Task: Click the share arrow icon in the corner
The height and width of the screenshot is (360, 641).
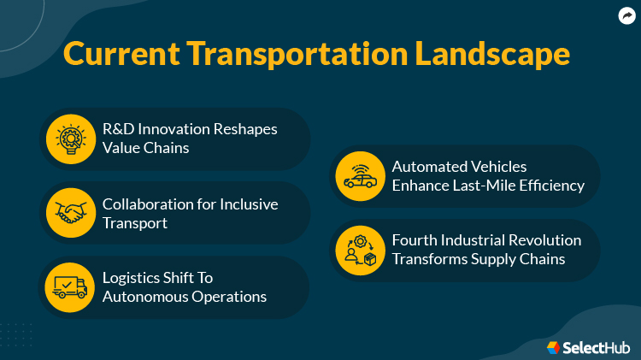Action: pos(626,15)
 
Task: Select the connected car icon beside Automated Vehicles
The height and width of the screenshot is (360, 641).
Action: pos(360,176)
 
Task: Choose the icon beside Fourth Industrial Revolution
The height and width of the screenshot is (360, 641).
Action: pos(360,250)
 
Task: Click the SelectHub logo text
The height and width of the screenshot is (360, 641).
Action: pos(597,347)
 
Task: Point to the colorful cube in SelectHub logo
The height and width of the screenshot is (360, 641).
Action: pos(554,347)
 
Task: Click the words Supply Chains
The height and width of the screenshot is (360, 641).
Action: pos(523,259)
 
